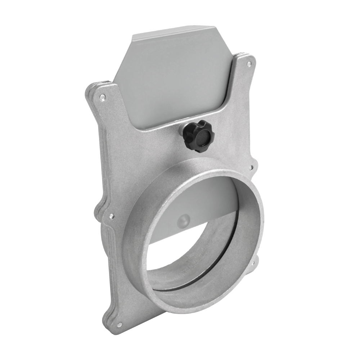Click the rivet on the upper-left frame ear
(x=103, y=97)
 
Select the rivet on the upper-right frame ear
(x=249, y=64)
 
